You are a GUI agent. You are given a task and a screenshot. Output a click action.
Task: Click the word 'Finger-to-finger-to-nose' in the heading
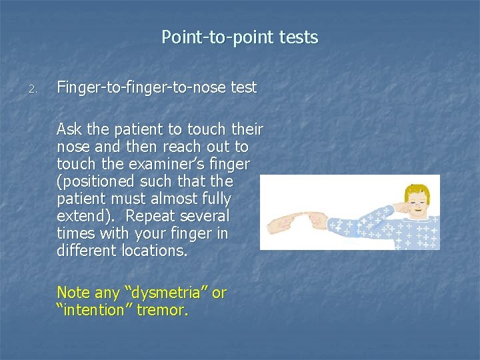pyautogui.click(x=133, y=87)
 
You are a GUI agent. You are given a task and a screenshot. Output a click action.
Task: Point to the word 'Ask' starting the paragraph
pyautogui.click(x=70, y=129)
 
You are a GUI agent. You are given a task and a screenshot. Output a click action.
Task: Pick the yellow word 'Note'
pyautogui.click(x=73, y=292)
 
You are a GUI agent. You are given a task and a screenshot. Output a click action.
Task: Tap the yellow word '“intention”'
pyautogui.click(x=94, y=309)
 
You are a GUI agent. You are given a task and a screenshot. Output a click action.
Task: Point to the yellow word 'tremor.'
pyautogui.click(x=163, y=309)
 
